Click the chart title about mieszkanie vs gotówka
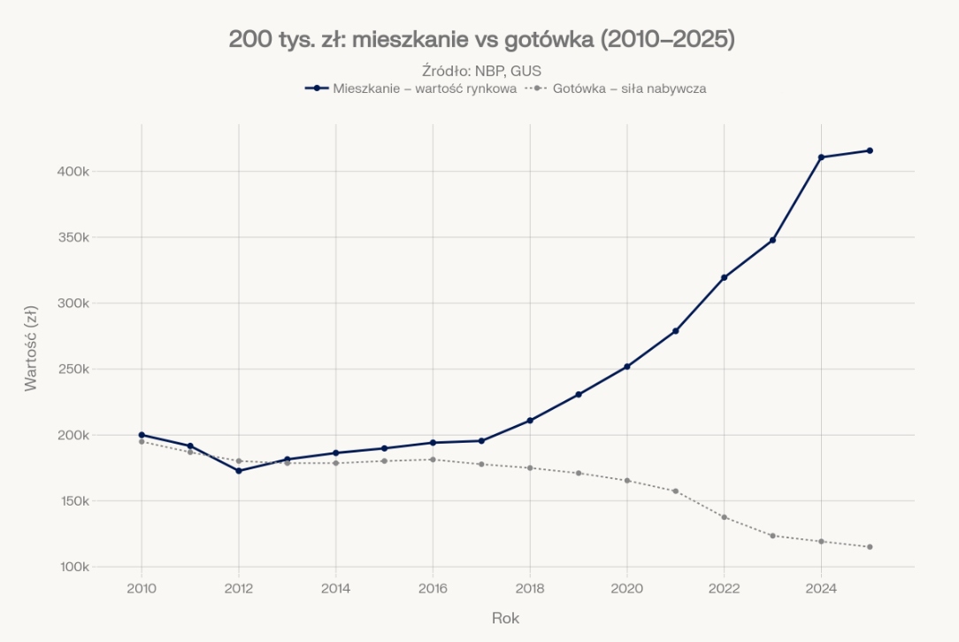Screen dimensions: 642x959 [481, 40]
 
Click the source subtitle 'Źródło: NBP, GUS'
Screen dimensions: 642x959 [481, 71]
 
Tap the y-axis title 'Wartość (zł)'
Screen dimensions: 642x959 [31, 348]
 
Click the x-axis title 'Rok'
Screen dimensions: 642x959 [505, 618]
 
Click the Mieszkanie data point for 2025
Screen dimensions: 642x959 [870, 151]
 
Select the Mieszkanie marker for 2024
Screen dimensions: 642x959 [821, 158]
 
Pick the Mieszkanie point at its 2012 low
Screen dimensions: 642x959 [239, 470]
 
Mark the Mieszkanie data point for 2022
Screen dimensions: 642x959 [724, 277]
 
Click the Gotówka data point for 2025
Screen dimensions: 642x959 [870, 546]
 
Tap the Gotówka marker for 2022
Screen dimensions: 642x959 [724, 517]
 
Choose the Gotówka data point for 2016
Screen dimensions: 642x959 [433, 460]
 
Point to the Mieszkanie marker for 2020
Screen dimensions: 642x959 [627, 367]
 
